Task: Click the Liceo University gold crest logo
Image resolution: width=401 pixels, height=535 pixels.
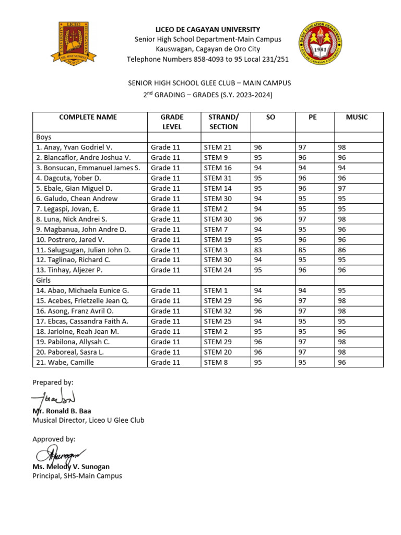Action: tap(73, 42)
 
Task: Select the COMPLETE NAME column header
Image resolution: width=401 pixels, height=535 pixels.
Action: tap(88, 117)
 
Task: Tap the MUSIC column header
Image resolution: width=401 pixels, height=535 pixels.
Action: tap(357, 117)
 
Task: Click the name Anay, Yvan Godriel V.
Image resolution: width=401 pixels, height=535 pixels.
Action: tap(74, 147)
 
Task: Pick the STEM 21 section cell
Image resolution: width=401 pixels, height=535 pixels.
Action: tap(218, 147)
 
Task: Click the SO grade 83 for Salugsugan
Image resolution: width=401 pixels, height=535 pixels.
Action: tap(258, 250)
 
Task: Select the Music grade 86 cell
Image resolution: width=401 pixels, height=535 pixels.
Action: tap(342, 250)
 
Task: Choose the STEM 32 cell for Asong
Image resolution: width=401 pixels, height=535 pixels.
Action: tap(218, 311)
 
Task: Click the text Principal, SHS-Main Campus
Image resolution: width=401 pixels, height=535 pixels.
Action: tap(77, 476)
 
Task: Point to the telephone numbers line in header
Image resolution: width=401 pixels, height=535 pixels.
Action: tap(207, 59)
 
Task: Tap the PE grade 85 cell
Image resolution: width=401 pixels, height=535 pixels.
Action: tap(302, 250)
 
